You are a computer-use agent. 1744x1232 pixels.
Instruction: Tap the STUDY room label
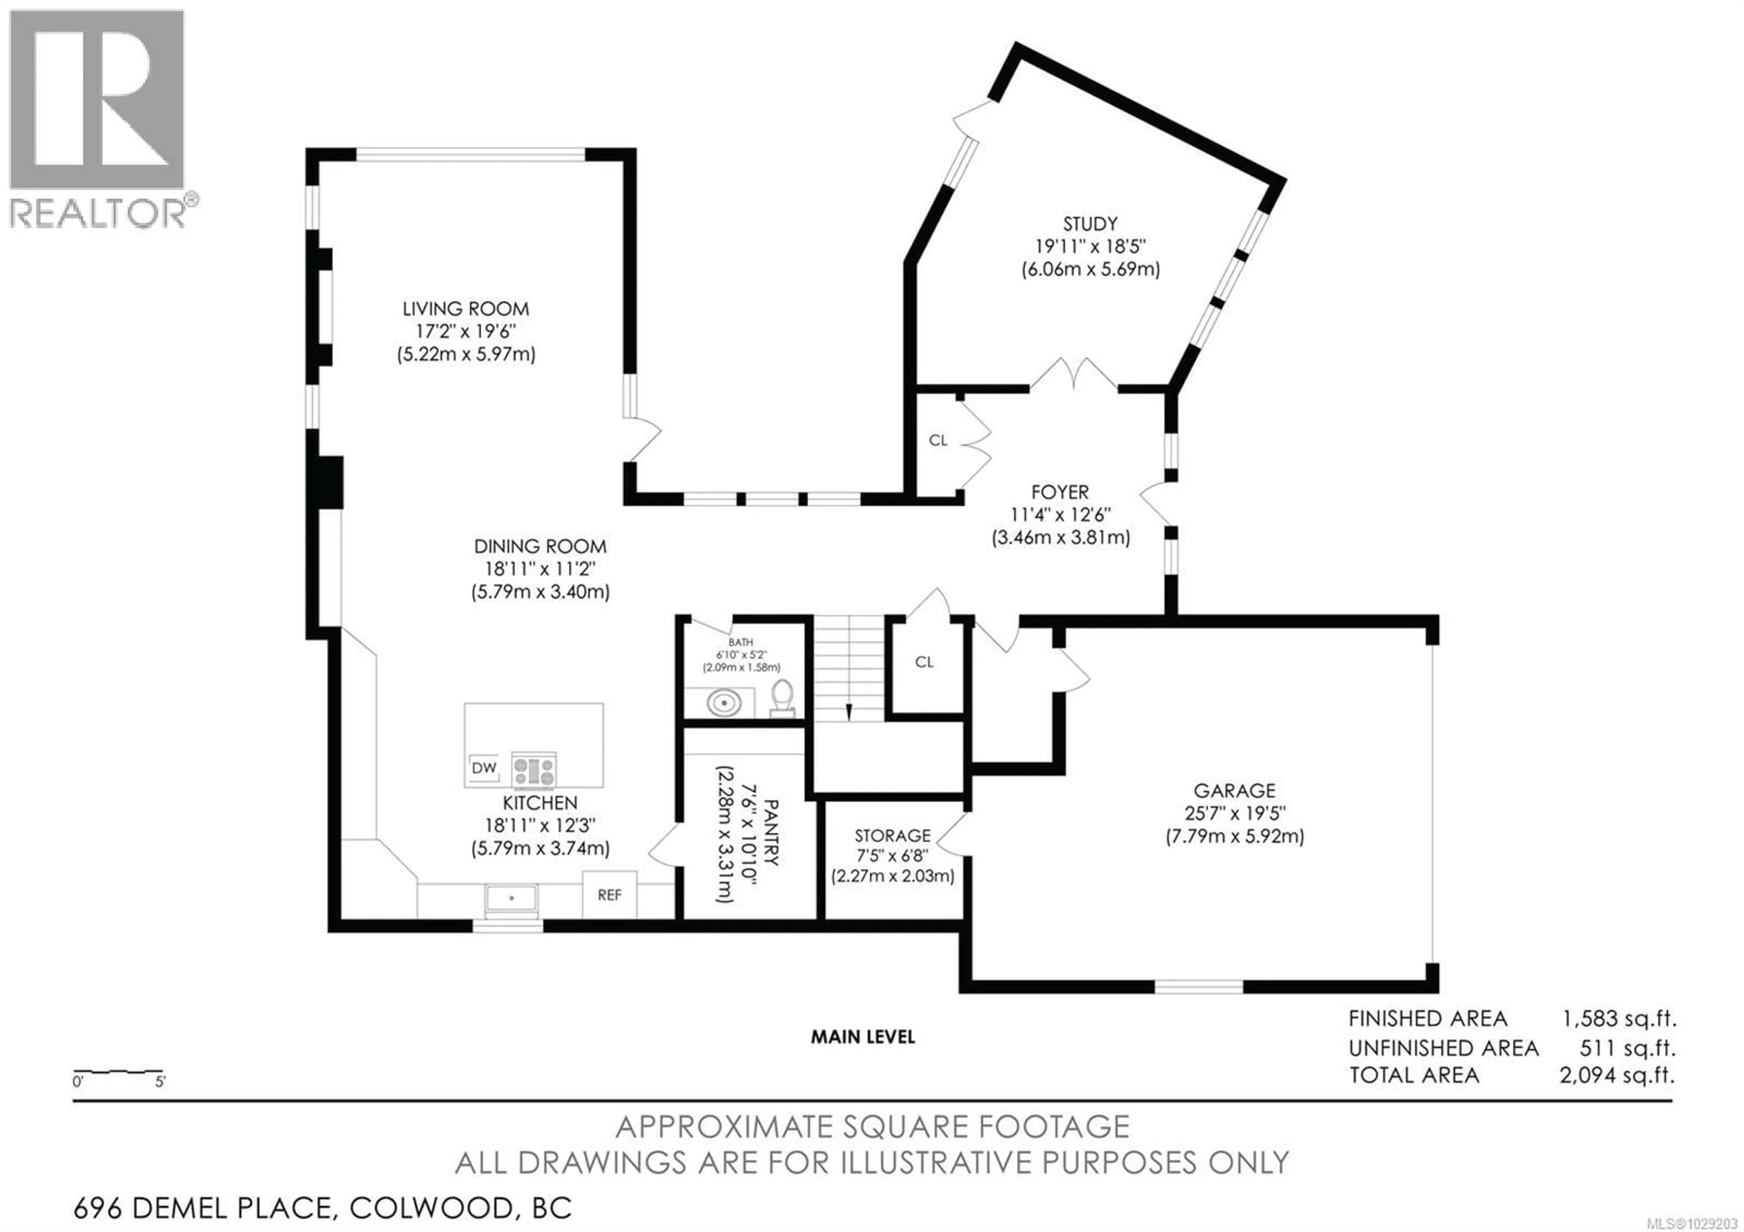(1090, 224)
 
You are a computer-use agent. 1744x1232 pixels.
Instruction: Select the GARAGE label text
(1234, 791)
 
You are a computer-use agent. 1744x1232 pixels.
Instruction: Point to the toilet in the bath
(782, 697)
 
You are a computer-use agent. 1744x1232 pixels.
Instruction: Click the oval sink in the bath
(724, 703)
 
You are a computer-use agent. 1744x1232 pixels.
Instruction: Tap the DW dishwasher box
(484, 768)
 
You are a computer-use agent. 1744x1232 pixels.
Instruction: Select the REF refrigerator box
(609, 895)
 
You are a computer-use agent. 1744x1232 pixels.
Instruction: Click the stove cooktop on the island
(534, 770)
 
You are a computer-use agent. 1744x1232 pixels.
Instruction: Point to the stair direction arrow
(848, 712)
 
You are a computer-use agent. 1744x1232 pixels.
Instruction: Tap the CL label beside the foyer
(938, 441)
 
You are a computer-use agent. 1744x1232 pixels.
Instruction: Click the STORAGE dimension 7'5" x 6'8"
(892, 856)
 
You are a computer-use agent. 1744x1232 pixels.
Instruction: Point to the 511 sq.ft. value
(1627, 1048)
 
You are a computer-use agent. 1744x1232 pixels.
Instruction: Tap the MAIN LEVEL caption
(863, 1037)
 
